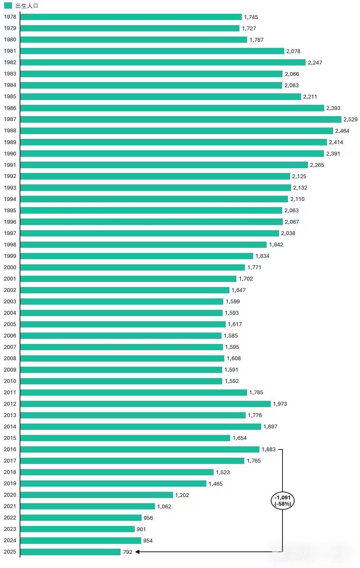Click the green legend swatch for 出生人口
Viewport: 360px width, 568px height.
[8, 6]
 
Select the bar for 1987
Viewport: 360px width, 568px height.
[181, 119]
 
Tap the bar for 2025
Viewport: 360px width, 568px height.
[70, 552]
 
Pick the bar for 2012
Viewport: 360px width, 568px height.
[145, 404]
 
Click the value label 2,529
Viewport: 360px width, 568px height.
[350, 119]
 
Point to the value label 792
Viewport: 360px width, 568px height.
[127, 552]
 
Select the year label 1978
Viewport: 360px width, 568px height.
[10, 17]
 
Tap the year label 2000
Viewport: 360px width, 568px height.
[10, 267]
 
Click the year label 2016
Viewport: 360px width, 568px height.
[10, 449]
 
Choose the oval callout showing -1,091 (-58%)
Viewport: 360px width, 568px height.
[282, 500]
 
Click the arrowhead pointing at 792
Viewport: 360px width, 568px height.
[137, 552]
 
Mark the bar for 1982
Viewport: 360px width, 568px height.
[163, 62]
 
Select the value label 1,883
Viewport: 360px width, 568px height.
[268, 449]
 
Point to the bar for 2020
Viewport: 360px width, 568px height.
[96, 495]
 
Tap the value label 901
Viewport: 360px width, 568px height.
[141, 529]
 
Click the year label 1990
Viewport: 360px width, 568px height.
[10, 153]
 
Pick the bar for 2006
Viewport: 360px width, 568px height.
[121, 335]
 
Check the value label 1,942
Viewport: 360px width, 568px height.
[276, 244]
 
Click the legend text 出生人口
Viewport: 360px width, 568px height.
[27, 6]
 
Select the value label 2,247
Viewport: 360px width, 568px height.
[315, 62]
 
